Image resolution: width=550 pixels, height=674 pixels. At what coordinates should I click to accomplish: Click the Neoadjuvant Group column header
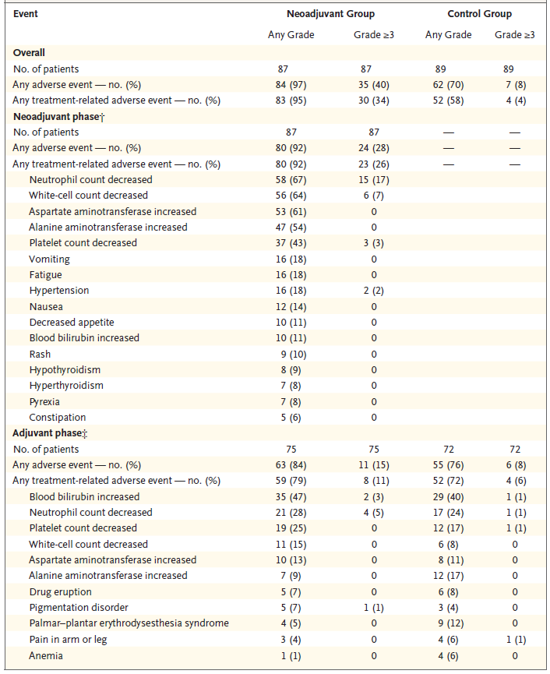pos(330,14)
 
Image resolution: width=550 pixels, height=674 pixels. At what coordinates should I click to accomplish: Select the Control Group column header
pos(479,14)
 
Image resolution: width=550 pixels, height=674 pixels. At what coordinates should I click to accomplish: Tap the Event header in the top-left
pos(26,14)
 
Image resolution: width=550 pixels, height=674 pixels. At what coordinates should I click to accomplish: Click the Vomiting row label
pos(49,259)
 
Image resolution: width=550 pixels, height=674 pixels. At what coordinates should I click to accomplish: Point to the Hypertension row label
pos(59,291)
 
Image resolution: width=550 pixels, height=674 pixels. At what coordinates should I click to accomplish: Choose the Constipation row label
pos(58,417)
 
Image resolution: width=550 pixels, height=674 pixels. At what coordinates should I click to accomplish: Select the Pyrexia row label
pos(45,401)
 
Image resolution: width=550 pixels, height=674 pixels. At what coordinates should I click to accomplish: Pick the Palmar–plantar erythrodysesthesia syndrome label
pos(129,623)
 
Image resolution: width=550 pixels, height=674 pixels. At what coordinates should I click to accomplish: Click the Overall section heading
pos(29,53)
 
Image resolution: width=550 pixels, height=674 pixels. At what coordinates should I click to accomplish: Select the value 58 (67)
pos(291,180)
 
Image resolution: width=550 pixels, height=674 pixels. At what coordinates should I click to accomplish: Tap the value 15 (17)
pos(373,180)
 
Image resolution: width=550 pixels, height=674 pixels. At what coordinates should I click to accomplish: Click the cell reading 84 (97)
pos(291,85)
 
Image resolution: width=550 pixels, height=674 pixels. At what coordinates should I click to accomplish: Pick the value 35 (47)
pos(291,496)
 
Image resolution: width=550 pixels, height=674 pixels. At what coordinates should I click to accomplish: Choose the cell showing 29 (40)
pos(448,496)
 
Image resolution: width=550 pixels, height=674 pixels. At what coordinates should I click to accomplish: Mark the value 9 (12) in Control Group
pos(448,623)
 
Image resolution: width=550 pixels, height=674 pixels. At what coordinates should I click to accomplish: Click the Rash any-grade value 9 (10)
pos(291,354)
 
